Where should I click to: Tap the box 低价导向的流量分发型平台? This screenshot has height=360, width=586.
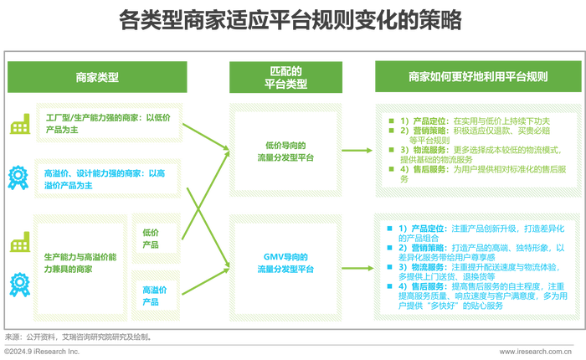pyautogui.click(x=286, y=151)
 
